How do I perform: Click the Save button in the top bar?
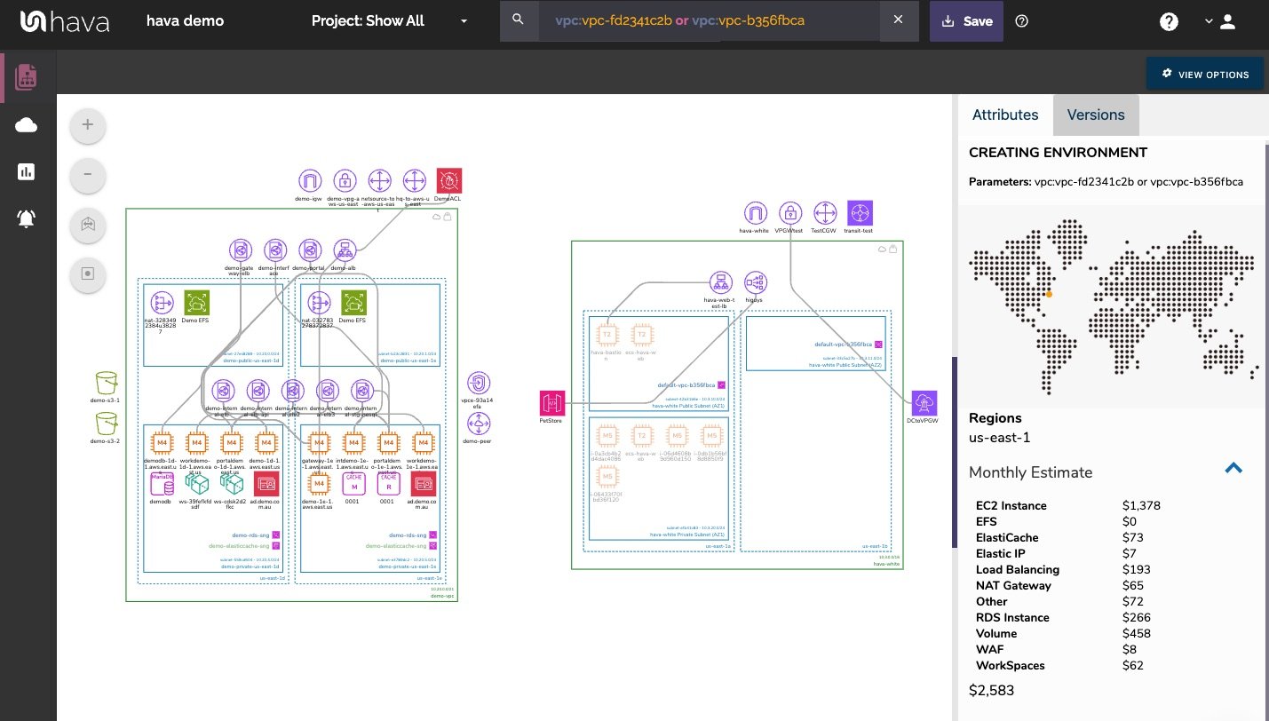click(x=966, y=21)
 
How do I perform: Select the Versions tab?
click(x=1095, y=115)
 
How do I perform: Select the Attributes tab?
click(x=1004, y=115)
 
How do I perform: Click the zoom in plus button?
click(x=88, y=125)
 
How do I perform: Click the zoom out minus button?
click(x=88, y=174)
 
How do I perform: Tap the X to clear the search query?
click(x=898, y=20)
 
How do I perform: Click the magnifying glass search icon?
click(x=519, y=20)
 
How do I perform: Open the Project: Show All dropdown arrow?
click(x=464, y=21)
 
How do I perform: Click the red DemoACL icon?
click(x=449, y=181)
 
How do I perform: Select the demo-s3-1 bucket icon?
click(x=107, y=384)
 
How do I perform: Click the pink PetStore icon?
click(x=551, y=403)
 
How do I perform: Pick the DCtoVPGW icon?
click(x=924, y=402)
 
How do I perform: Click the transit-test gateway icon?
click(x=860, y=213)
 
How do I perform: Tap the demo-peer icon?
click(x=479, y=424)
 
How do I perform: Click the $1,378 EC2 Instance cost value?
click(x=1141, y=506)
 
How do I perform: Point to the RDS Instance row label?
click(x=1012, y=618)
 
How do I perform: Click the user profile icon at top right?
click(x=1227, y=22)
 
